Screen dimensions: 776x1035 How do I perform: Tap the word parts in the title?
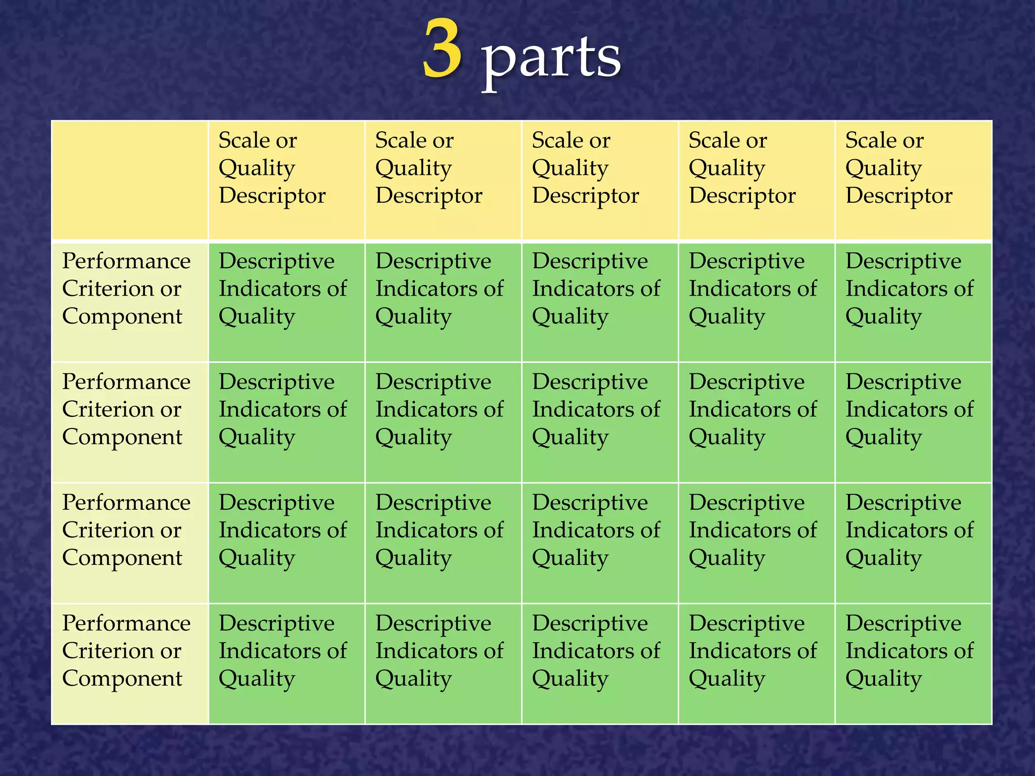(551, 58)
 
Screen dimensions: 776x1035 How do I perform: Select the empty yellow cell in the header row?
(130, 180)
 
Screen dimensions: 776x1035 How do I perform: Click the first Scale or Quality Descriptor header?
(286, 180)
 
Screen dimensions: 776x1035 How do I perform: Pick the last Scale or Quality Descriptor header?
(913, 180)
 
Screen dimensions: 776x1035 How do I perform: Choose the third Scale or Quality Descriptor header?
(599, 180)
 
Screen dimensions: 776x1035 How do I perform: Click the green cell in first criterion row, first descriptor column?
(286, 302)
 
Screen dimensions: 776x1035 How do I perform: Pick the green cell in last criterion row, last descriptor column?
(913, 664)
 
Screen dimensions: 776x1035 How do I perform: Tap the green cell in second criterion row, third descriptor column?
(599, 422)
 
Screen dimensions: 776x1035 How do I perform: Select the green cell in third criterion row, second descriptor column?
(443, 543)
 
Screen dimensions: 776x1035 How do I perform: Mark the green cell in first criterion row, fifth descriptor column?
(913, 302)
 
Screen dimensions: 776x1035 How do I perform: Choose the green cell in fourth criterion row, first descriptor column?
(286, 664)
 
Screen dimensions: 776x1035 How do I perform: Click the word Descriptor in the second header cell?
(429, 196)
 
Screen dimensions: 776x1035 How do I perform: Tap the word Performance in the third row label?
(126, 503)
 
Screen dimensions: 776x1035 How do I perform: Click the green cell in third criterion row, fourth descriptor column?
(756, 543)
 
